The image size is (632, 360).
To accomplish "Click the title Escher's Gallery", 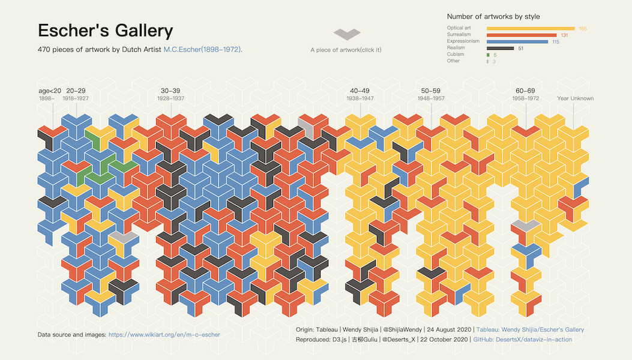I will coord(105,31).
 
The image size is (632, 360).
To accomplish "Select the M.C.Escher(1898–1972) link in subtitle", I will coord(202,49).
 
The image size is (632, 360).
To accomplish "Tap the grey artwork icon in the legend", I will coord(347,35).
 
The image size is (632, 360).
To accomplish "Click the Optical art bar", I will coord(530,28).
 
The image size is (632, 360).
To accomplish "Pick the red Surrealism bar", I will coord(522,35).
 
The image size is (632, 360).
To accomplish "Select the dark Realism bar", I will coord(500,48).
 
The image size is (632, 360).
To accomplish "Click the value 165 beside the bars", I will coord(583,29).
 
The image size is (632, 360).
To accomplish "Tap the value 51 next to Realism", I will coord(520,48).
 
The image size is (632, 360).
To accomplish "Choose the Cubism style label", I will coord(456,55).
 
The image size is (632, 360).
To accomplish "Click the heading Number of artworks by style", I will coord(493,17).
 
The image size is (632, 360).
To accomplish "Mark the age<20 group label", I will coord(50,91).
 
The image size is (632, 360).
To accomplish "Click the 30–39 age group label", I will coord(170,91).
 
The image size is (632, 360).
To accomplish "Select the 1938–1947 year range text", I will coord(360,98).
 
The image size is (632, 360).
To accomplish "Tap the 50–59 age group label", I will coord(430,91).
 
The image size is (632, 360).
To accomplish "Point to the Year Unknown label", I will coord(575,98).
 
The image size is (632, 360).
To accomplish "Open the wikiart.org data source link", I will coord(164,335).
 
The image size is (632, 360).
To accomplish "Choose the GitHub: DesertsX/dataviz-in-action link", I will coord(522,340).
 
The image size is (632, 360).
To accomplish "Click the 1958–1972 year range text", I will coord(525,98).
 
